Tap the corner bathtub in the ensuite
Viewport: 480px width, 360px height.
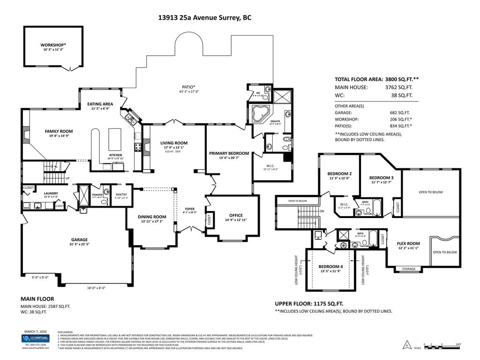point(258,113)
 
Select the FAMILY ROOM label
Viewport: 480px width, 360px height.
point(59,131)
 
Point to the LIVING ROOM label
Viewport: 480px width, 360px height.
point(174,143)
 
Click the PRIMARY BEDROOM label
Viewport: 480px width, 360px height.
point(229,153)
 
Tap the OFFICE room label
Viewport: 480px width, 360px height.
point(236,215)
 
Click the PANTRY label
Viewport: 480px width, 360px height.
point(121,194)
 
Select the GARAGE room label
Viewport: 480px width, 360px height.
point(79,240)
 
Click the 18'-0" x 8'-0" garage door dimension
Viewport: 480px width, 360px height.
point(96,288)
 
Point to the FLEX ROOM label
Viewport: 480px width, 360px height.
point(408,243)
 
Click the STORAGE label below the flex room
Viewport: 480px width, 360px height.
point(408,269)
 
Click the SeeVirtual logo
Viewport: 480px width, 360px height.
point(35,338)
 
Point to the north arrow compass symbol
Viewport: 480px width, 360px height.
point(407,346)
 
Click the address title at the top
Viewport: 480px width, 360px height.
point(204,18)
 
